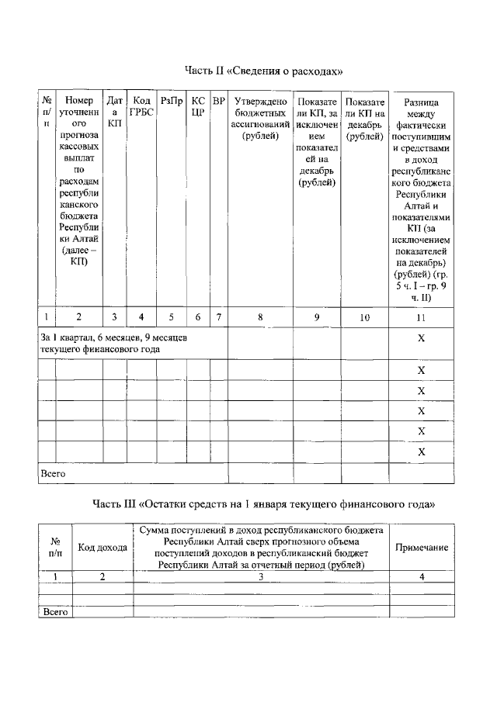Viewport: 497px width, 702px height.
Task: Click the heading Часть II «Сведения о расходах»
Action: coord(263,71)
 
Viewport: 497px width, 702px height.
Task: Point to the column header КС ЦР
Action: coord(199,106)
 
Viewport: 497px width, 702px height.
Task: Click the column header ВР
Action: coord(218,101)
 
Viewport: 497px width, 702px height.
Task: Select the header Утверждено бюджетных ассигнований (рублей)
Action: coord(260,119)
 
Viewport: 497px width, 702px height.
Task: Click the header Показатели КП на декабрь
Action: coord(365,119)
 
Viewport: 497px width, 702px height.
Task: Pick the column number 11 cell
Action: coord(421,316)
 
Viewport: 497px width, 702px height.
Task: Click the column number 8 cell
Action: coord(260,316)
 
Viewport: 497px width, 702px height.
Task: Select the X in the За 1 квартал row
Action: coord(421,339)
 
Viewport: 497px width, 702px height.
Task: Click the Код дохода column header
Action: coord(103,548)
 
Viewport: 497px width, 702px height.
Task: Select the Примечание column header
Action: coord(422,548)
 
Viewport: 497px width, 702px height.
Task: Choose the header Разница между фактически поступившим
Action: coord(421,199)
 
